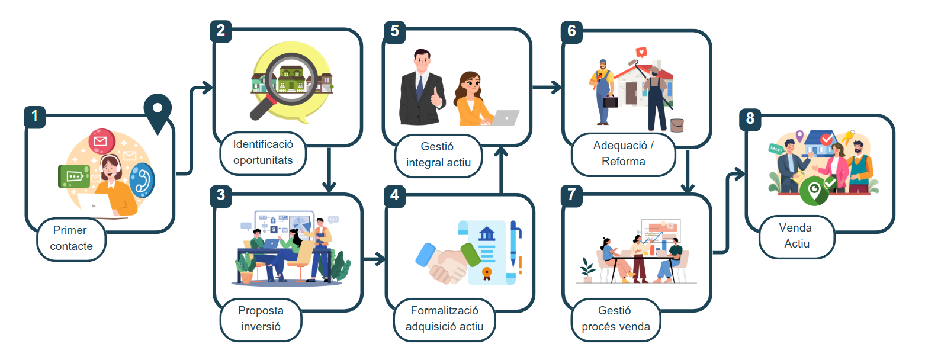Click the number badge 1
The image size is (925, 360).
click(34, 117)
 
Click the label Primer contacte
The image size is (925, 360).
click(70, 238)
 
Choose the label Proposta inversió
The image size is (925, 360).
click(261, 319)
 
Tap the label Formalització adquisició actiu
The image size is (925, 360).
click(445, 319)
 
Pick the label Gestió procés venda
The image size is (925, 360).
click(616, 319)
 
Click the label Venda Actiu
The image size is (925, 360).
click(796, 236)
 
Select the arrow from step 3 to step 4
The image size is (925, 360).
click(374, 259)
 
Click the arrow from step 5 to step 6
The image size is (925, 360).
click(547, 88)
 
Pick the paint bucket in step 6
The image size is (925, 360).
click(677, 125)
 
